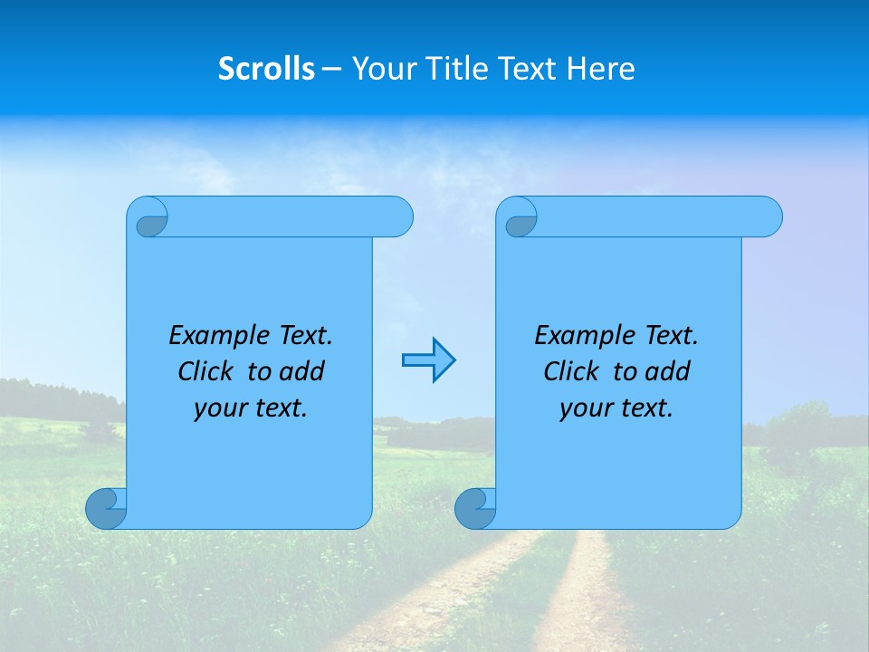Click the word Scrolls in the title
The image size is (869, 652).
coord(266,69)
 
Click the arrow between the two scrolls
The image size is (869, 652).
coord(428,360)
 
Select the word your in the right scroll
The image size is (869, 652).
coord(584,408)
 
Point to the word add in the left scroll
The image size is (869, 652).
coord(301,371)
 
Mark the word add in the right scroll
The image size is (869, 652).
coord(667,371)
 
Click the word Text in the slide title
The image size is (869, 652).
coord(528,69)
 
